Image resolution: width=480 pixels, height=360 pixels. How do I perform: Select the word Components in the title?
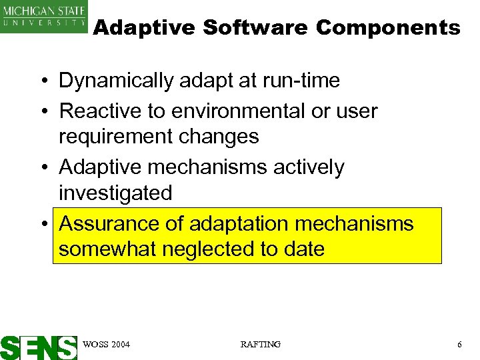[388, 28]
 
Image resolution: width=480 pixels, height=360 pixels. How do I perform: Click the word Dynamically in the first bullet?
[116, 81]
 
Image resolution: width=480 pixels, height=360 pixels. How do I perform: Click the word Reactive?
[98, 111]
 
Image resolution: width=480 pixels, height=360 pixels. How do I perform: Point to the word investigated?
[115, 193]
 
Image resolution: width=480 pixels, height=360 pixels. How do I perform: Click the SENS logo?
[39, 347]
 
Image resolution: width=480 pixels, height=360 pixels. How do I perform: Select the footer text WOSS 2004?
[107, 344]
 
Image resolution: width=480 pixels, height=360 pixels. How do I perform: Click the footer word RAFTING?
[260, 344]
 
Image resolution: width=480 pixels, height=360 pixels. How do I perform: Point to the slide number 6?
[459, 344]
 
